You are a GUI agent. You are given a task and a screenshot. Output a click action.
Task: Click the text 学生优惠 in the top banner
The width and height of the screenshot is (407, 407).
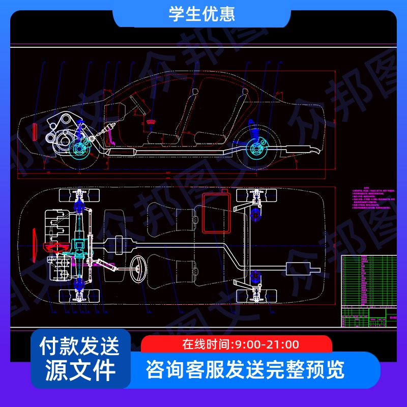click(x=202, y=14)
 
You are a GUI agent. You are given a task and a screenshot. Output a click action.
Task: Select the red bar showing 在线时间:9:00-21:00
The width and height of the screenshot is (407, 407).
click(x=236, y=344)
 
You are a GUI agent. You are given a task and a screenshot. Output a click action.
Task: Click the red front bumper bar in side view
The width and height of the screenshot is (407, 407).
click(x=34, y=131)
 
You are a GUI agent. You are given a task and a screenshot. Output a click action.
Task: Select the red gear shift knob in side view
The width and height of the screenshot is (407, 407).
click(x=151, y=122)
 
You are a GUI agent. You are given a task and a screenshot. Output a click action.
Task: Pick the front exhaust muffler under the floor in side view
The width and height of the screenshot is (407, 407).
click(x=122, y=152)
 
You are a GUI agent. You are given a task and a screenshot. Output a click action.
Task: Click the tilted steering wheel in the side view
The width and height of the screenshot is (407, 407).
click(x=137, y=104)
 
